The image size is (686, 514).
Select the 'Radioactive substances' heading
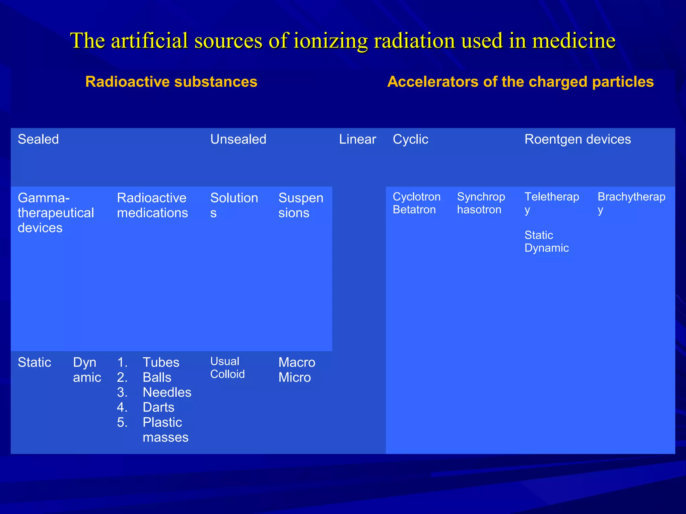click(171, 82)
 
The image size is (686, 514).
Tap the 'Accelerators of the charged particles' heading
click(520, 82)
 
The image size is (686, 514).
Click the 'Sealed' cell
click(38, 139)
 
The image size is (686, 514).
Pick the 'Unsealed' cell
click(238, 139)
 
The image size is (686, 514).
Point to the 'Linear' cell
click(357, 139)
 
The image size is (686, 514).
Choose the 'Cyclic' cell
click(410, 139)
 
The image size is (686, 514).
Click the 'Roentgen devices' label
click(577, 139)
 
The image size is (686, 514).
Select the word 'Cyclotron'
click(416, 197)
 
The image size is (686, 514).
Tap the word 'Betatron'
click(414, 210)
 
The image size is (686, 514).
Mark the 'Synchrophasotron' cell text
click(481, 203)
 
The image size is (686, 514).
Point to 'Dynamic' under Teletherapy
click(546, 248)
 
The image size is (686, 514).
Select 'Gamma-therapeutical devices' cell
click(56, 213)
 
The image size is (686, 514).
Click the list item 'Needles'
click(167, 392)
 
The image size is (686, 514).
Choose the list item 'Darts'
click(158, 407)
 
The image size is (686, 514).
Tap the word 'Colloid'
click(227, 374)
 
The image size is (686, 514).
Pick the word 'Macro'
click(297, 362)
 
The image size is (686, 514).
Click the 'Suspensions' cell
click(300, 205)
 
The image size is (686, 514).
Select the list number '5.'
click(122, 422)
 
